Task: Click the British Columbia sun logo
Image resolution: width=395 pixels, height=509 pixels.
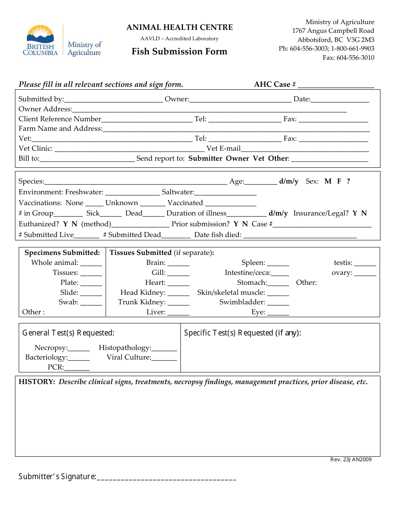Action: pyautogui.click(x=40, y=33)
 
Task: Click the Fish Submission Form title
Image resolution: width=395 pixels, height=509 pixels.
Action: pyautogui.click(x=180, y=51)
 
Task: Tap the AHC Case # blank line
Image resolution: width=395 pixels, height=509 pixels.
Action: pyautogui.click(x=336, y=85)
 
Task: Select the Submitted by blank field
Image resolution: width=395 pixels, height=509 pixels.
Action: pyautogui.click(x=114, y=100)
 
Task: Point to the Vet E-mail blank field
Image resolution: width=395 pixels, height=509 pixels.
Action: pyautogui.click(x=305, y=149)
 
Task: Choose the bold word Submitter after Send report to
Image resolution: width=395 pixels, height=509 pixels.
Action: pyautogui.click(x=205, y=159)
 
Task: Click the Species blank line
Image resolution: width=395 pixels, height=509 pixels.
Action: pyautogui.click(x=135, y=182)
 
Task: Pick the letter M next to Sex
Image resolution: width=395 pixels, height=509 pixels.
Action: pyautogui.click(x=328, y=181)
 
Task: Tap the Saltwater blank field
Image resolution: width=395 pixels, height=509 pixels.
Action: pyautogui.click(x=225, y=193)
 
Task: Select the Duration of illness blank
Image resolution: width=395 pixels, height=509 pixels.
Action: pyautogui.click(x=247, y=214)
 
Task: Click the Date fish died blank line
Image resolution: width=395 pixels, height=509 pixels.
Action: pyautogui.click(x=300, y=235)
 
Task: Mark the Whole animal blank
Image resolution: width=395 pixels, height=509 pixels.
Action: pyautogui.click(x=91, y=263)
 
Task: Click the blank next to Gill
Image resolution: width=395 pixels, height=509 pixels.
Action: pyautogui.click(x=178, y=273)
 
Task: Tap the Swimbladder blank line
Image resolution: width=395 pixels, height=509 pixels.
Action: pyautogui.click(x=278, y=303)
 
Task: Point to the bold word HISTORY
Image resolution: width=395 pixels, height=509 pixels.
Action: pyautogui.click(x=37, y=382)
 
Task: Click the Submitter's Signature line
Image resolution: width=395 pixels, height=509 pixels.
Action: pyautogui.click(x=166, y=477)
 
